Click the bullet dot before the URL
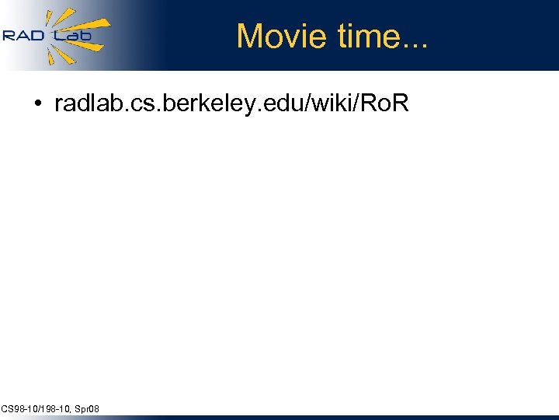click(x=37, y=104)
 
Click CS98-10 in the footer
click(x=17, y=408)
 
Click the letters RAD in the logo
click(x=23, y=36)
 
